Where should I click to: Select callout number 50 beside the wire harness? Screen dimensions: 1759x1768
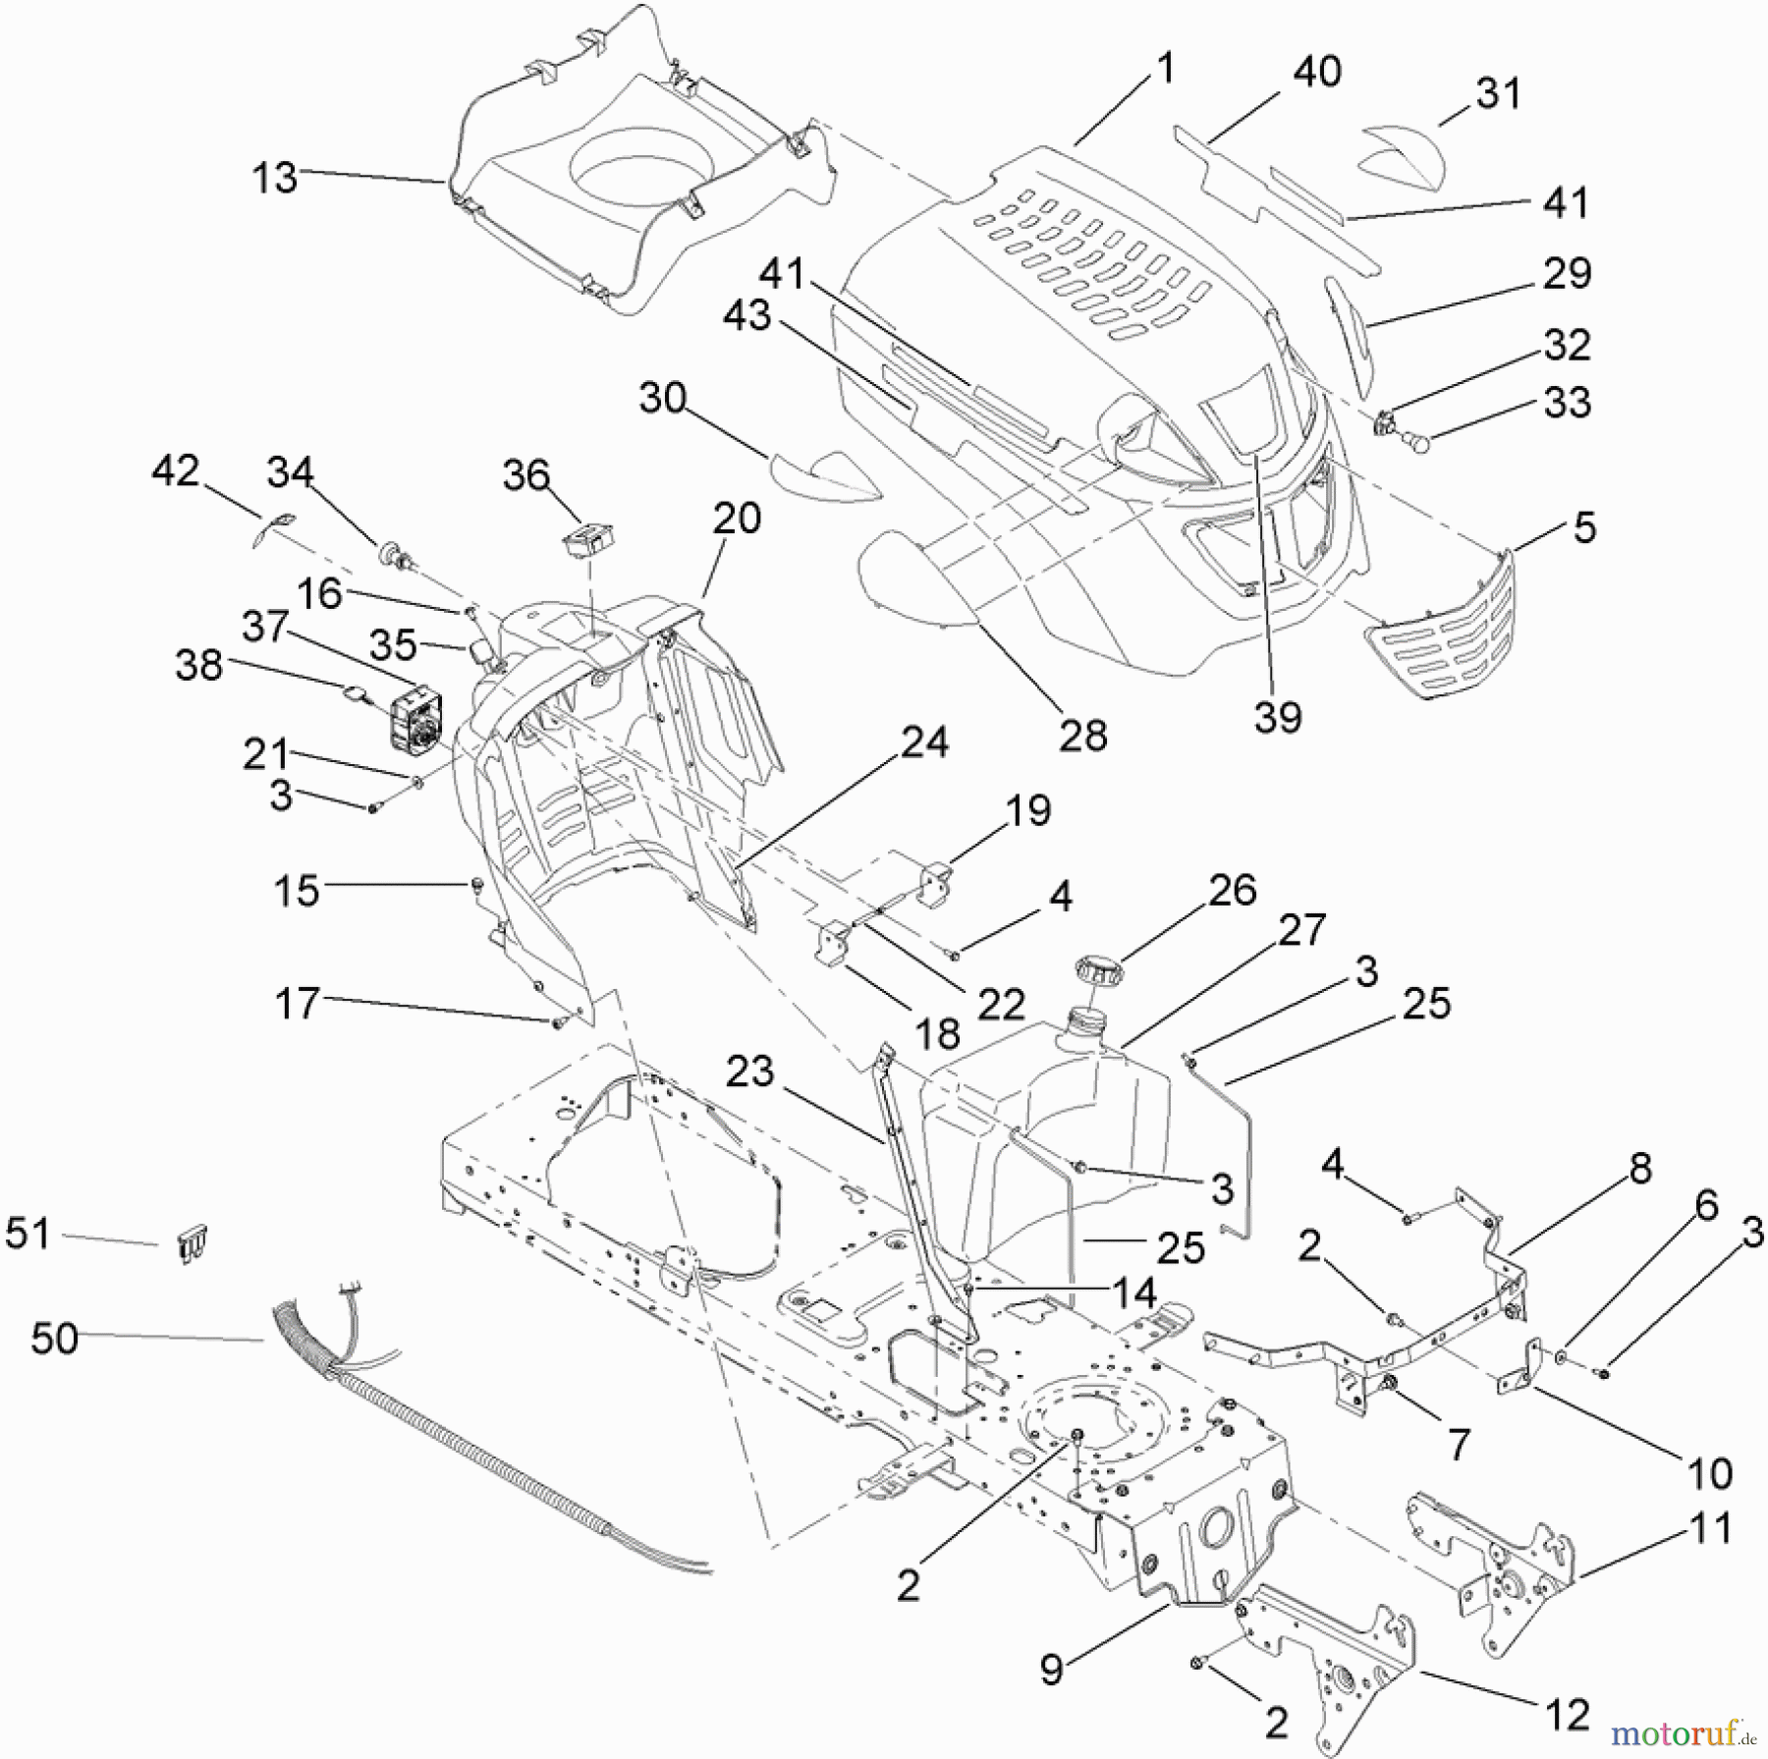click(x=54, y=1337)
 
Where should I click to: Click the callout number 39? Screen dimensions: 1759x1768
click(x=1277, y=716)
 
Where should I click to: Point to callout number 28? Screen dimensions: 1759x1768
click(x=1082, y=734)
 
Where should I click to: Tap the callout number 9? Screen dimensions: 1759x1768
click(x=1052, y=1669)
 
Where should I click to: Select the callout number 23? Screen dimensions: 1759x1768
click(x=750, y=1071)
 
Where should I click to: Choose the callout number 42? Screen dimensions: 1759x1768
click(x=176, y=471)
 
